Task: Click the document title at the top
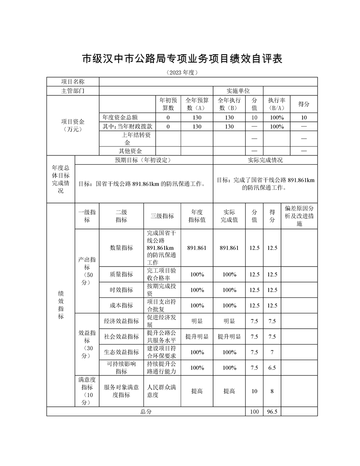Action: [182, 59]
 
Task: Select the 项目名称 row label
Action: [73, 82]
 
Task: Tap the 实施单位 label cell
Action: [238, 90]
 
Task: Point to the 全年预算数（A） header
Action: [197, 104]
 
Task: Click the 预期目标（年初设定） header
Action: [144, 160]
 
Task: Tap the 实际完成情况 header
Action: [265, 160]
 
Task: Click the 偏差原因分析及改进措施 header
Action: [299, 216]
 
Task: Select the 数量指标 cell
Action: [121, 248]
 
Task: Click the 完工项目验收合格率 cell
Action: [162, 274]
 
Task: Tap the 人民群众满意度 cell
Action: [162, 391]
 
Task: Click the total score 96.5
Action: [272, 412]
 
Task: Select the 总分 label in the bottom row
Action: [146, 412]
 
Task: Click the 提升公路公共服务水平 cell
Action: [162, 337]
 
